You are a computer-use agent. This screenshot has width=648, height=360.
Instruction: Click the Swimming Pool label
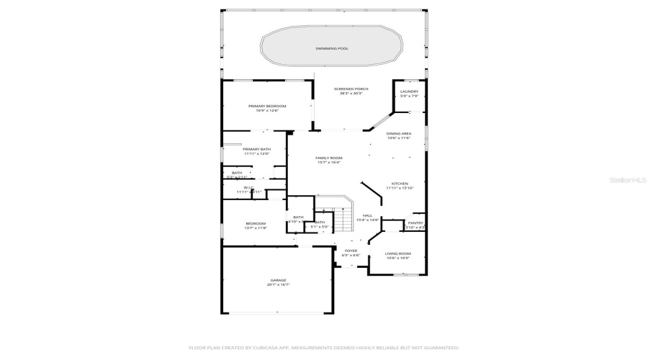point(331,48)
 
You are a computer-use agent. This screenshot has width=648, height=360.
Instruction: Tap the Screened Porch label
point(351,89)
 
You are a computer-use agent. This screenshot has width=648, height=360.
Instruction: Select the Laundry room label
point(409,91)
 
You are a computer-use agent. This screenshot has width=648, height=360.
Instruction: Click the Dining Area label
point(398,133)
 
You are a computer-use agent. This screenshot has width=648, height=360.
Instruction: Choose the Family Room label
point(329,158)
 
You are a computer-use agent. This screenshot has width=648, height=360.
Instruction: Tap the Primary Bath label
point(256,149)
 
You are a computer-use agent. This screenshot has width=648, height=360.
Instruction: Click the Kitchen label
point(400,184)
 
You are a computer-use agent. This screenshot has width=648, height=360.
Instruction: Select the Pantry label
point(415,223)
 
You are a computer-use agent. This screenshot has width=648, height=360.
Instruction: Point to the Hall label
point(367,215)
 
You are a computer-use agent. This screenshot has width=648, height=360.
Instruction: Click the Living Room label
point(397,253)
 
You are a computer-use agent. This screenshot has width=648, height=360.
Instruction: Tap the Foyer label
point(351,251)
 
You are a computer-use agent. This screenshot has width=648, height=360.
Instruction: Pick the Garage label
point(279,280)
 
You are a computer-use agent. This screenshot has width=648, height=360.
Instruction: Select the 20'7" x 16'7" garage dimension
point(279,285)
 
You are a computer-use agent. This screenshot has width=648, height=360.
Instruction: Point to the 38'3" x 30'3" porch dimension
point(351,94)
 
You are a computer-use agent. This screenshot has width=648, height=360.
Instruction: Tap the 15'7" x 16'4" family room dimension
point(329,163)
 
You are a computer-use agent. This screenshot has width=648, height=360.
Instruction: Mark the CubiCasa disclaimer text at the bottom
point(324,347)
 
